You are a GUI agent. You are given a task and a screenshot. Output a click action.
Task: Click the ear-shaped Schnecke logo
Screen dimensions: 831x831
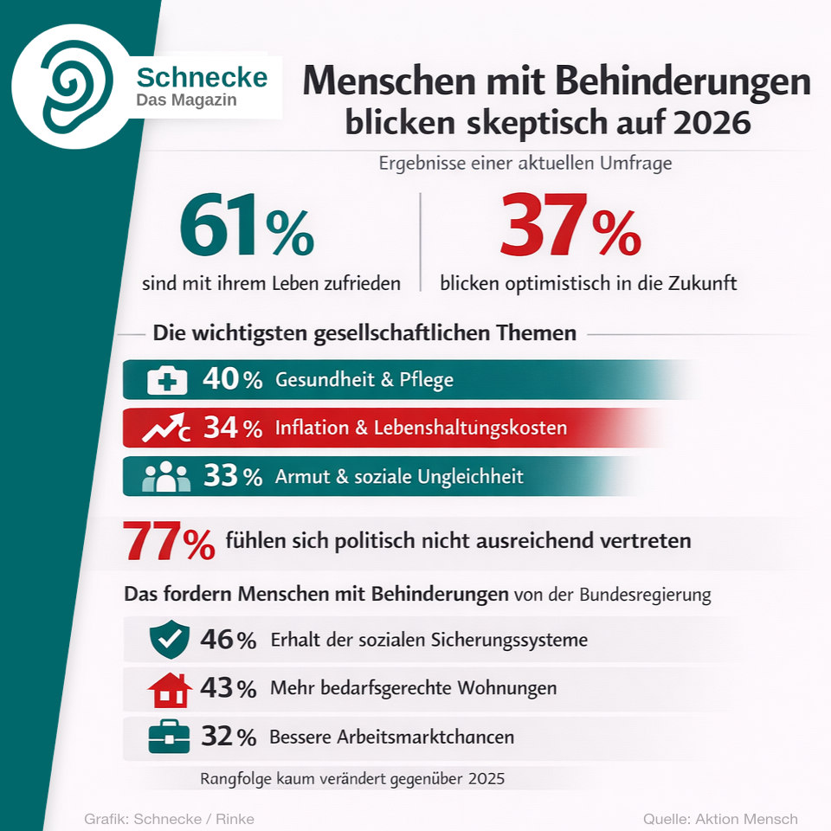[x=76, y=84]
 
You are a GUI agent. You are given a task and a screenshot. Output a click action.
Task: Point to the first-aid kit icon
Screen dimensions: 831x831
[x=167, y=380]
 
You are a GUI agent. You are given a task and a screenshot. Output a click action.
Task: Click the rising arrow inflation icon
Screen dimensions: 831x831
[x=167, y=428]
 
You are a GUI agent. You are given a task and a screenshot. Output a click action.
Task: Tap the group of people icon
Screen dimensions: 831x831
[x=166, y=477]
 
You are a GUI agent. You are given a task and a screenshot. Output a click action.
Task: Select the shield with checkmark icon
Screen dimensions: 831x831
[x=169, y=640]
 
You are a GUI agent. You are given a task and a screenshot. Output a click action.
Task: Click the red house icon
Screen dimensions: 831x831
[x=170, y=689]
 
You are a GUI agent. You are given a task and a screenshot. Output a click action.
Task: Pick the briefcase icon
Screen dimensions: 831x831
[x=169, y=738]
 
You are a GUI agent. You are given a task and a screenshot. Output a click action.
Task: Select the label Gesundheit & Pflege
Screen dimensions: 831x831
[x=364, y=380]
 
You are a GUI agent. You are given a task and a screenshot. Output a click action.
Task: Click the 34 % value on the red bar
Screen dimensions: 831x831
[x=232, y=428]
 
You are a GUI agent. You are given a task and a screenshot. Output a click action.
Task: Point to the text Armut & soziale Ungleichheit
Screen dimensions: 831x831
[x=399, y=477]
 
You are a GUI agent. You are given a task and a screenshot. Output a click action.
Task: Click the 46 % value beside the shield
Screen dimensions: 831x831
[x=228, y=641]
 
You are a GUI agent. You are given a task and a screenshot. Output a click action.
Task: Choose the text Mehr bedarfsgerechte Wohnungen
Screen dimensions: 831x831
[x=413, y=689]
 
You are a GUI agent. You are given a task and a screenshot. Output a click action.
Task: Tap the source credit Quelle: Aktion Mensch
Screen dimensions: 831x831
[x=719, y=819]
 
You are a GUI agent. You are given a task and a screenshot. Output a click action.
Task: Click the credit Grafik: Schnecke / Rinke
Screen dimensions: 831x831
[x=169, y=819]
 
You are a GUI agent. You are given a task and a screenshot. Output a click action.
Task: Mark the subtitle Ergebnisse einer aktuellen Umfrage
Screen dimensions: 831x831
[x=525, y=163]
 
